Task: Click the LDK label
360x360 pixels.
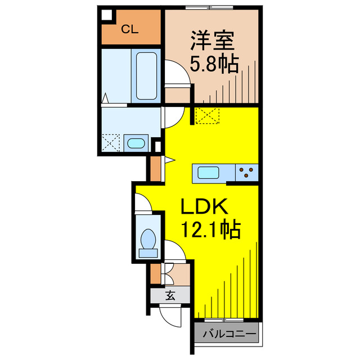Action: click(x=204, y=208)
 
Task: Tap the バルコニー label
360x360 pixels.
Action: click(x=228, y=334)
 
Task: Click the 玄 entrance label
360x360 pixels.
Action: click(x=169, y=294)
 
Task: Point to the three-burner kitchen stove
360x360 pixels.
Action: click(x=246, y=172)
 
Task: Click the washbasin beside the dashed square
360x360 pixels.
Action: click(x=136, y=143)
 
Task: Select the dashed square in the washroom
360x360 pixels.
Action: click(x=112, y=142)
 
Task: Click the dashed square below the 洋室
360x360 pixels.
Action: click(x=208, y=115)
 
